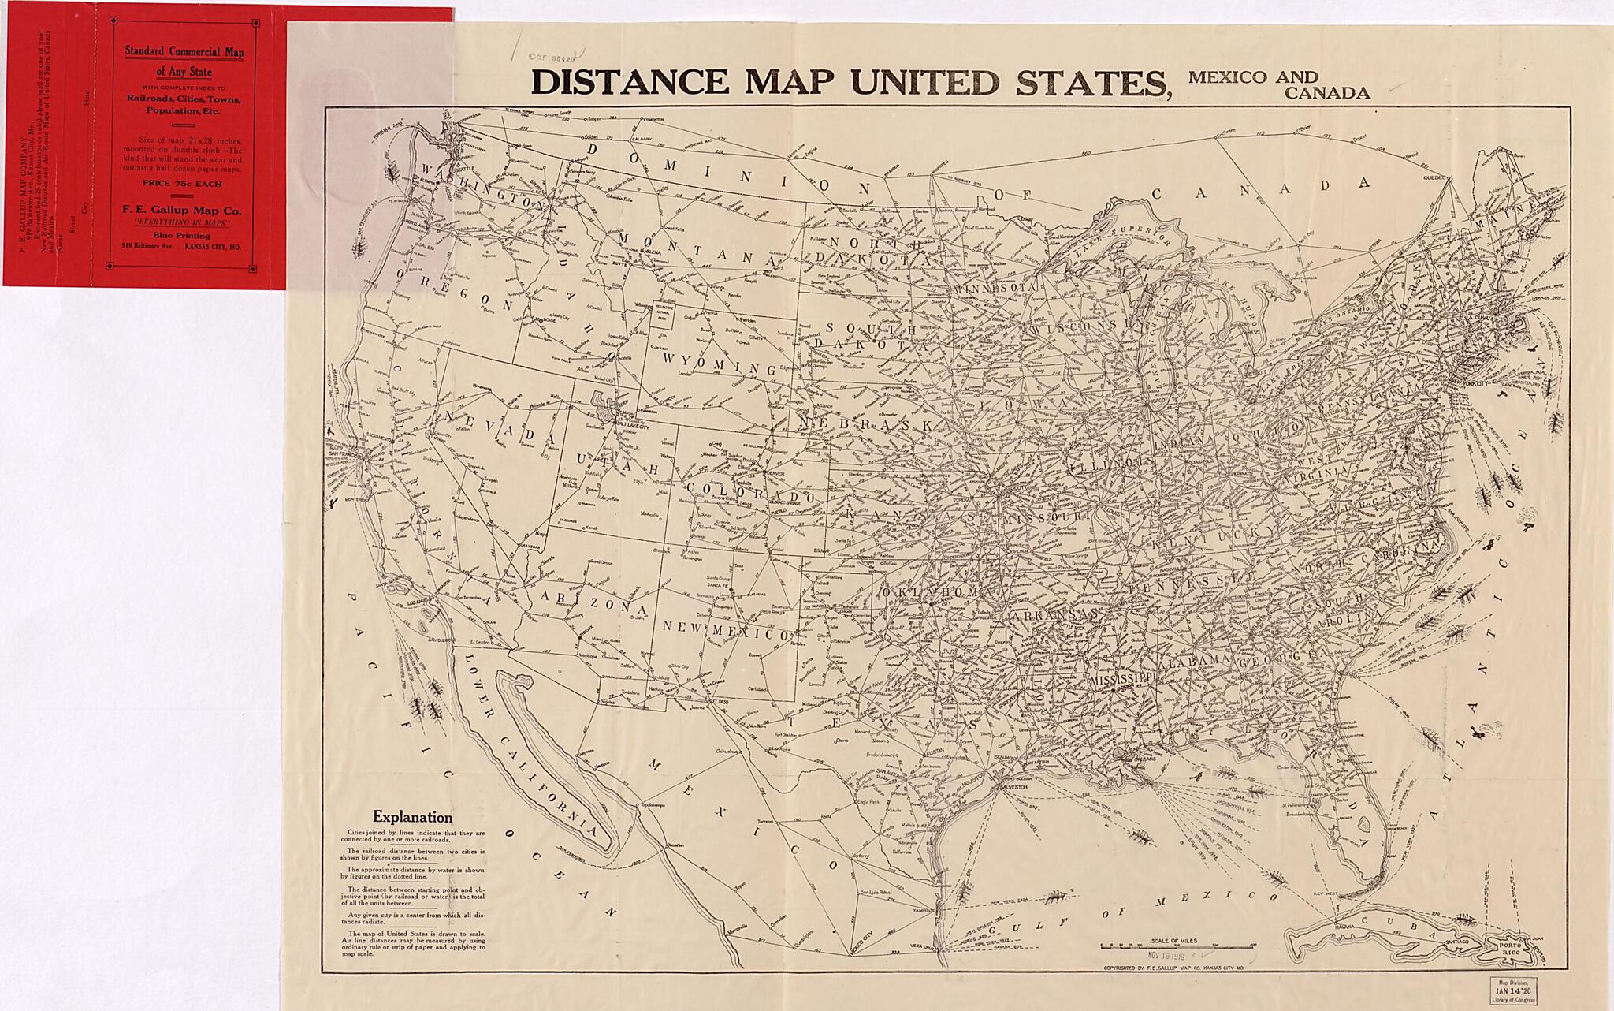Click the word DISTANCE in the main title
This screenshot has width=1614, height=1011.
[x=630, y=82]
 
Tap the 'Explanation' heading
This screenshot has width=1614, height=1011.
[x=412, y=817]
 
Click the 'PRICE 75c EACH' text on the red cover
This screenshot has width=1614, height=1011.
[x=182, y=183]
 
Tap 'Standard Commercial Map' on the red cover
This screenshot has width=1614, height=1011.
[x=184, y=52]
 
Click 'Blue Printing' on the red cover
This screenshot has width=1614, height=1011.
[x=182, y=235]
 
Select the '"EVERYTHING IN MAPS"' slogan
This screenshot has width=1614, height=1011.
[x=182, y=223]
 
